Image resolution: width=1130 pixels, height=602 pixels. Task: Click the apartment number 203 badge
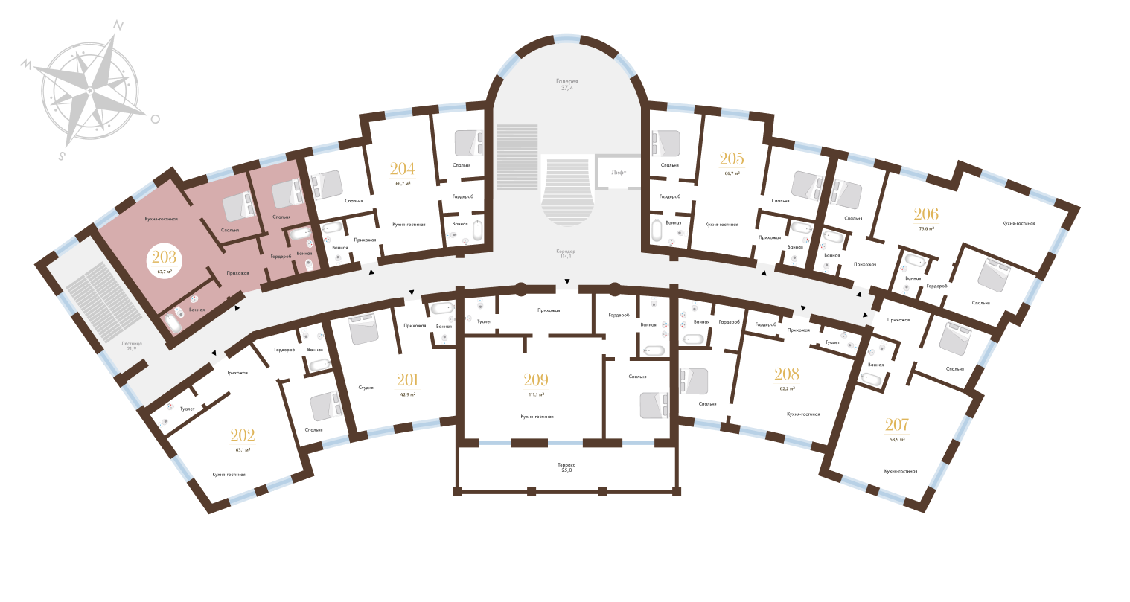[x=164, y=260]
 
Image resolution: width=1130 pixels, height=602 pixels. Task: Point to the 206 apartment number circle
[x=927, y=218]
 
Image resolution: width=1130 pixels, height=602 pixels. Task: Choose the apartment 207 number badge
[x=896, y=429]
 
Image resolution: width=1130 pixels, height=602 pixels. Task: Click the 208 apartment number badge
[x=786, y=377]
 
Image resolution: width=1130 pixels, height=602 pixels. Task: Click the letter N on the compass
[x=117, y=25]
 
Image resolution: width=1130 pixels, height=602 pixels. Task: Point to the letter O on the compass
[x=155, y=118]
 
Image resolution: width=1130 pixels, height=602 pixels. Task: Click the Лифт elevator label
[x=619, y=172]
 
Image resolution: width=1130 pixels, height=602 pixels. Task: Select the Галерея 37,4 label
[x=566, y=84]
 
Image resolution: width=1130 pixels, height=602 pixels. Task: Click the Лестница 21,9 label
[x=135, y=346]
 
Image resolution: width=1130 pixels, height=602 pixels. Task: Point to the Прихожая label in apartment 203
[x=237, y=273]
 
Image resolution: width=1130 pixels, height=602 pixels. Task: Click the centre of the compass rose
[x=90, y=91]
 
